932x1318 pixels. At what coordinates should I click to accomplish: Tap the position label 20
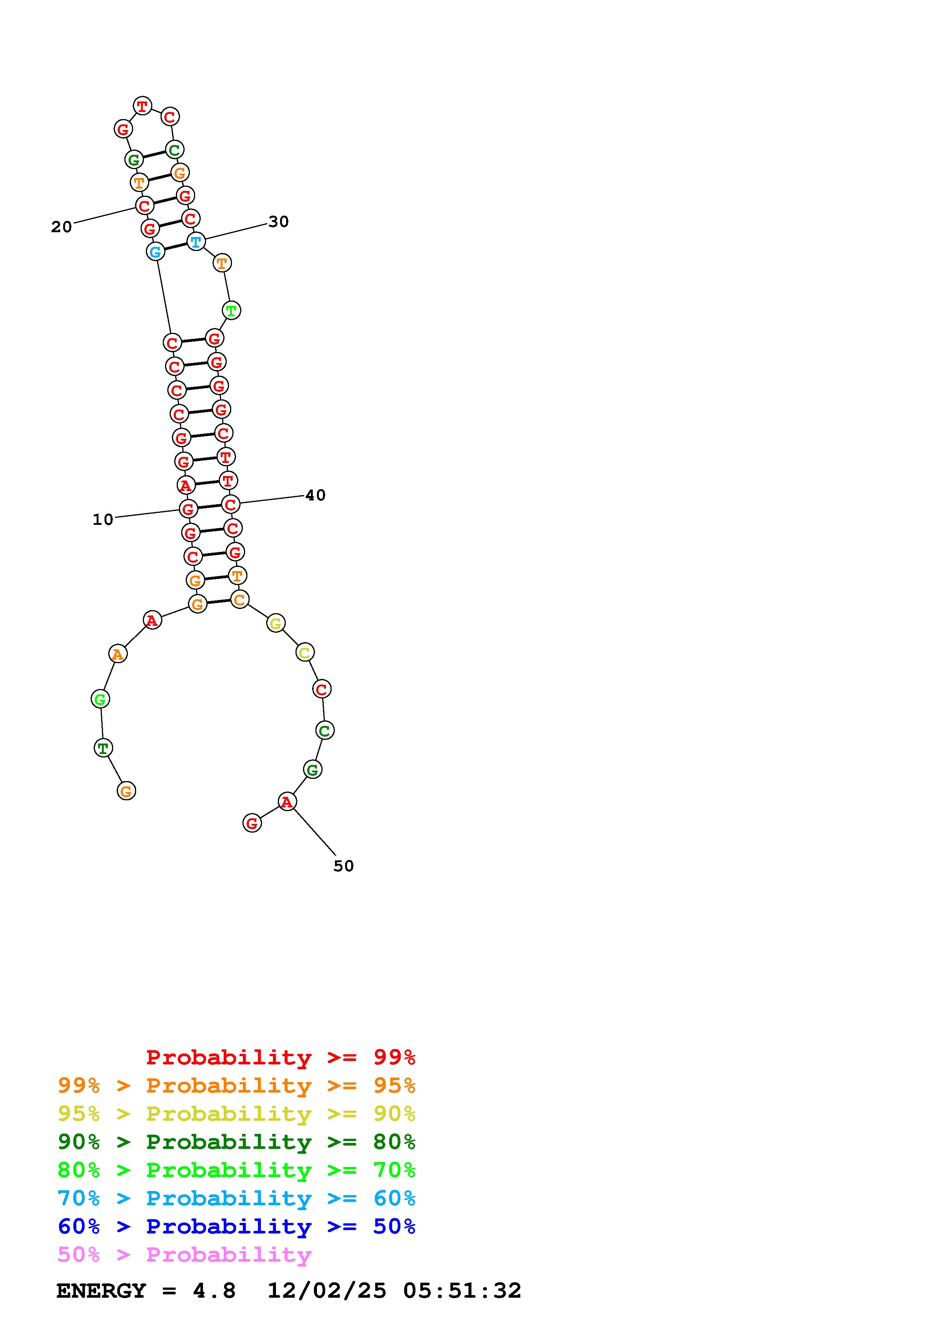pos(61,227)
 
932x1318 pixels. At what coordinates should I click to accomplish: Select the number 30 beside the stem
pos(279,222)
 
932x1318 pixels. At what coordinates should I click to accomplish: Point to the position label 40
pos(315,495)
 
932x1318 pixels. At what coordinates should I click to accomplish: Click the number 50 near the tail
pos(343,866)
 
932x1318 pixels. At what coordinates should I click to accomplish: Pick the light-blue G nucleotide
pos(155,251)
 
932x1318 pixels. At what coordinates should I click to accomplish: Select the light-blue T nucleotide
pos(196,242)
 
